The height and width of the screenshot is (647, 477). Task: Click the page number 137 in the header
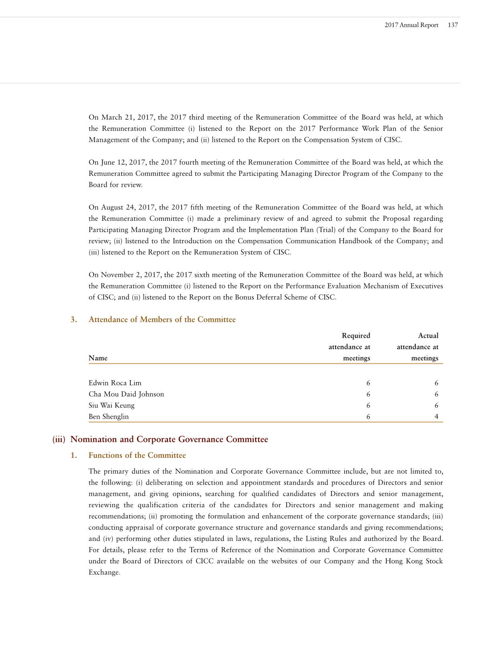453,25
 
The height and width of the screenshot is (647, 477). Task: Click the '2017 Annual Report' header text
411,25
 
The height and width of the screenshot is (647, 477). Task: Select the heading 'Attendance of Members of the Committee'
162,319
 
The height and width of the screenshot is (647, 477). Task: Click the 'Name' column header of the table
98,358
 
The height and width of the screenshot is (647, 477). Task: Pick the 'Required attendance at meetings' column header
350,347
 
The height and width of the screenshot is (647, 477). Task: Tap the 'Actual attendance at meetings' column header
418,347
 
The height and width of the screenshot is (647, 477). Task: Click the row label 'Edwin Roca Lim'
115,383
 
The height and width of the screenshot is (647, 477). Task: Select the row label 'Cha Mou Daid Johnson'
126,394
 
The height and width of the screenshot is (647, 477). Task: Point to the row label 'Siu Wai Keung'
111,405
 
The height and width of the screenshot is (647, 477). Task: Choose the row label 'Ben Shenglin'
109,416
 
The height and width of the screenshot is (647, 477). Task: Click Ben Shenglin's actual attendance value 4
436,416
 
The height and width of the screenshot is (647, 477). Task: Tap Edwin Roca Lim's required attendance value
368,383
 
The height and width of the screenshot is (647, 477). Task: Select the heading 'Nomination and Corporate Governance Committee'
169,439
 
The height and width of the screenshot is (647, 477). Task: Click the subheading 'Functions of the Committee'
137,455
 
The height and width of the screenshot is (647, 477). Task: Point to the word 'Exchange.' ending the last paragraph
104,572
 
